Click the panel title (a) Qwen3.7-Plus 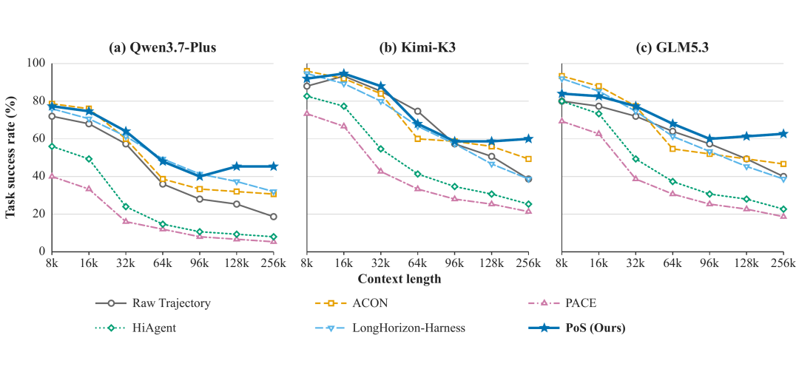163,48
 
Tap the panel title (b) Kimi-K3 417,48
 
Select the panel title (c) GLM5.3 672,48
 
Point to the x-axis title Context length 399,279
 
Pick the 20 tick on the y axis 40,214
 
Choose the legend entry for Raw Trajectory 153,303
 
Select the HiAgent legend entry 136,328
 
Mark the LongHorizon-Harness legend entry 391,328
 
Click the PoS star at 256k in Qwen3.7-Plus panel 274,166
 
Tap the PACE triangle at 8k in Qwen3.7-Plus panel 52,176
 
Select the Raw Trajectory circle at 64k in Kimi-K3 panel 417,111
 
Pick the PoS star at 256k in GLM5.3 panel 783,134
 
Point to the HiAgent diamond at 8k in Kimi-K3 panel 307,96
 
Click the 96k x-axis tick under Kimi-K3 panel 454,263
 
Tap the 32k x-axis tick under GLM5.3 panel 636,263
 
